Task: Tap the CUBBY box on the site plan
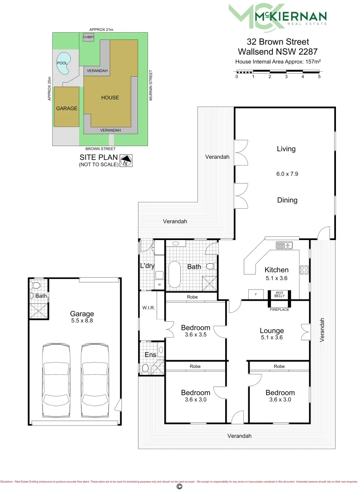click(x=89, y=37)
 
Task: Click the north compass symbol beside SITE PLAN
click(x=126, y=161)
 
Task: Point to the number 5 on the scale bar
click(x=319, y=77)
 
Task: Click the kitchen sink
click(x=285, y=246)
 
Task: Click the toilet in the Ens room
click(x=145, y=368)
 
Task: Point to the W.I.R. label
click(x=148, y=308)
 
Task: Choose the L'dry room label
click(x=147, y=266)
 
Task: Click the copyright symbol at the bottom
click(x=179, y=486)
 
